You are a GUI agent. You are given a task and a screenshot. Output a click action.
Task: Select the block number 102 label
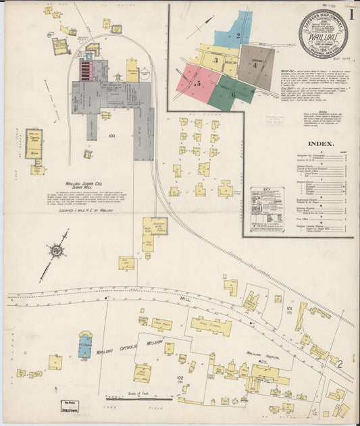(180, 378)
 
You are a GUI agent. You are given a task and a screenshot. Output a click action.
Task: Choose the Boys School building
(211, 326)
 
